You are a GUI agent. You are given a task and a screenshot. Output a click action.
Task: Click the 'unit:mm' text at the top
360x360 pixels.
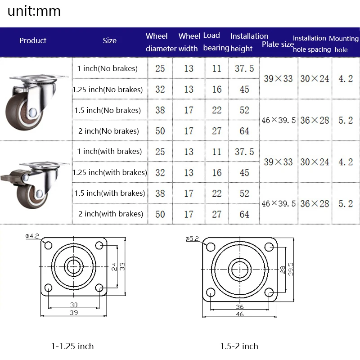point(34,11)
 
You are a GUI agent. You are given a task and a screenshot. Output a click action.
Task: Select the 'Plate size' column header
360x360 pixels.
point(278,44)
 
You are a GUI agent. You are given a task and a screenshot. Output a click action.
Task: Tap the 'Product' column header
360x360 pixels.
point(33,40)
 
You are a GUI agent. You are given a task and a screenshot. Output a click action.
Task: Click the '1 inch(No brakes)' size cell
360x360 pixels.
point(107,68)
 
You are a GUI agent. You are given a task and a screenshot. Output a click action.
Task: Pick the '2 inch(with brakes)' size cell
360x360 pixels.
point(110,214)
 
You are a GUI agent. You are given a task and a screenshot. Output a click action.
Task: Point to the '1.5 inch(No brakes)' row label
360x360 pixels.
point(108,110)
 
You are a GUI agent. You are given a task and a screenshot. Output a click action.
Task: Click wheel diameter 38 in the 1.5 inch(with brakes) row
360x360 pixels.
point(160,193)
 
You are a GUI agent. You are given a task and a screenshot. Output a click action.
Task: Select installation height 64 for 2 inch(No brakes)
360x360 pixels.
point(244,131)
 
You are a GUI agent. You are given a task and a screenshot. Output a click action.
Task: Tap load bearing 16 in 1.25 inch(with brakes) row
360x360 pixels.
point(217,173)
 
